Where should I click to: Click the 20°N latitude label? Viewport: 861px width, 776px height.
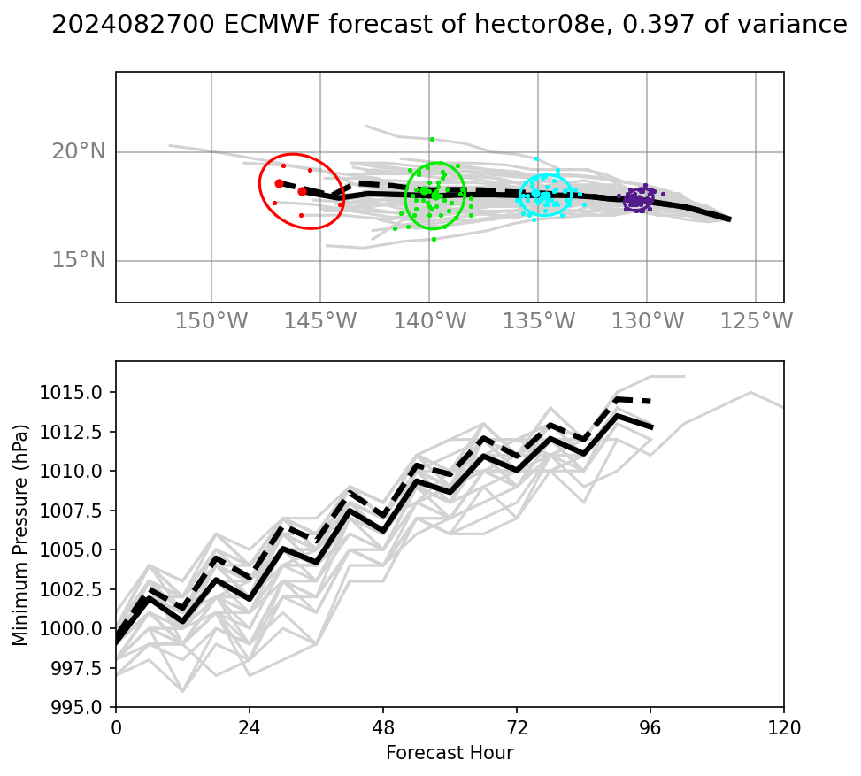pos(78,151)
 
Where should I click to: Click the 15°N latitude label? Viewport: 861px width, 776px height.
pos(78,260)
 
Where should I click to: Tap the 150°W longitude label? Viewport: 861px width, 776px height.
pos(211,321)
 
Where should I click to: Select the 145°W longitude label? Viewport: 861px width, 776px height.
pos(319,321)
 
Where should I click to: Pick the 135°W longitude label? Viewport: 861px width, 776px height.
pos(538,321)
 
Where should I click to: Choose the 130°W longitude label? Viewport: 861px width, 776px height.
pos(647,321)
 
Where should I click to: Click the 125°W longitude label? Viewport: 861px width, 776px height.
pos(756,321)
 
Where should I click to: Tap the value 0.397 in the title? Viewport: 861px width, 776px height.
pos(656,26)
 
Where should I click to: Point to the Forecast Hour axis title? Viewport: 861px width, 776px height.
pos(450,754)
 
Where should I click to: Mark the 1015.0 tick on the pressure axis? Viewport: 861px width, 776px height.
pos(79,392)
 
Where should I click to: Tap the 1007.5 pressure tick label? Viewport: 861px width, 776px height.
pos(79,511)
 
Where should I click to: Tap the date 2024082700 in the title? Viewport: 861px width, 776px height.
pos(133,26)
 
